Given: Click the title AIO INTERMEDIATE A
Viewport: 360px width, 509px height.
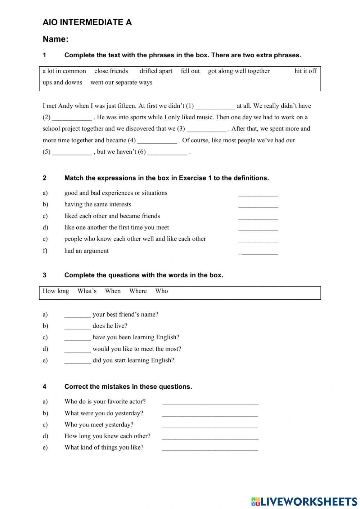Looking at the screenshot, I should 87,22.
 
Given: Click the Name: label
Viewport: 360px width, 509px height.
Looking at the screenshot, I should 55,39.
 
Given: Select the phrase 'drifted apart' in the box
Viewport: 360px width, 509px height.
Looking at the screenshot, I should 156,71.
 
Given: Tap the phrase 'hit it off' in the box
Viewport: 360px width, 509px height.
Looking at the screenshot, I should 305,71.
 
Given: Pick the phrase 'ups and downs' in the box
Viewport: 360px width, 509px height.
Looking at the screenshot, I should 62,82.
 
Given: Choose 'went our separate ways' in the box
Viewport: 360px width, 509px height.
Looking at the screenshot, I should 121,82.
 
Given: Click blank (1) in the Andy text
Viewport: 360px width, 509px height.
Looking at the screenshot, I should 215,106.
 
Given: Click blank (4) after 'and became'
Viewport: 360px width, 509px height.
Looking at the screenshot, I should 157,140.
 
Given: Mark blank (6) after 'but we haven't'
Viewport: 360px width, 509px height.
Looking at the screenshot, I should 167,152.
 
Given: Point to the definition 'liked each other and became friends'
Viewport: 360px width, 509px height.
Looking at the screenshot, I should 112,216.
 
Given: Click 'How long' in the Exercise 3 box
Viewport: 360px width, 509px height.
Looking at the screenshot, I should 56,291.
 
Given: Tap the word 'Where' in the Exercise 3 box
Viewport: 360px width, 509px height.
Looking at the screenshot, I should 138,291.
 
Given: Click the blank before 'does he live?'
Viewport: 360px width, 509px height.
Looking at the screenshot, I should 77,326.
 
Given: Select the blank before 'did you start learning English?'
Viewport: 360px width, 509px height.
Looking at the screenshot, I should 77,361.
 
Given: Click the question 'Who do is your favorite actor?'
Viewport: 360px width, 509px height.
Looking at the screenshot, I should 105,402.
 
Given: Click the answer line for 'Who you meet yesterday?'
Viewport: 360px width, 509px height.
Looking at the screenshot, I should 210,425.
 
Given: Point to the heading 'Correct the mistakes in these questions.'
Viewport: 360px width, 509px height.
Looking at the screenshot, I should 128,387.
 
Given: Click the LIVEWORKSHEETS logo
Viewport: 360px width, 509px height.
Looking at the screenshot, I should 304,501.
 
